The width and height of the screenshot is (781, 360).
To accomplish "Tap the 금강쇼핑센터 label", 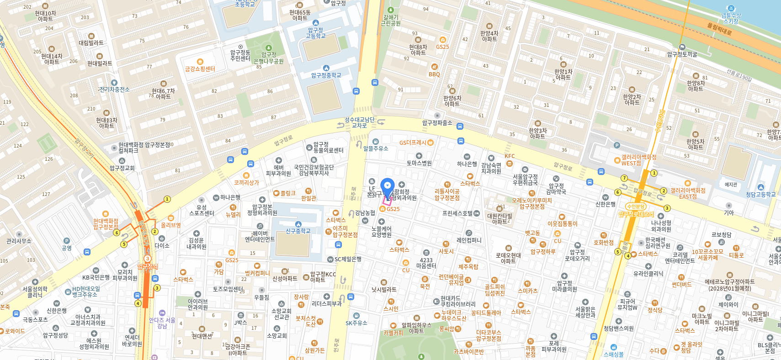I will pos(200,69).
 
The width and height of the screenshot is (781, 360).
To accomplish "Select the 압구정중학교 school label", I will pos(326,75).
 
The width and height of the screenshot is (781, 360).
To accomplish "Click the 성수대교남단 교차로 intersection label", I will pos(359,122).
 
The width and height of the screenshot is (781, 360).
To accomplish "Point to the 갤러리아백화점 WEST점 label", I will pos(638,160).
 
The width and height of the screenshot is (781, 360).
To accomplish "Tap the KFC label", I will pos(510,156).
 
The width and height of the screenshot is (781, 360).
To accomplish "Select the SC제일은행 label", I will pos(347,259).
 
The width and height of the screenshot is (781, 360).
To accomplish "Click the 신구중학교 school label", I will pos(298,231).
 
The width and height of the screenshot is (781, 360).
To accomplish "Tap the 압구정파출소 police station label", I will pos(437,122).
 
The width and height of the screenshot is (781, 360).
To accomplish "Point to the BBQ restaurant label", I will pos(434,74).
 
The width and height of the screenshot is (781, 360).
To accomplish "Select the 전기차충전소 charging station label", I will pos(114,89).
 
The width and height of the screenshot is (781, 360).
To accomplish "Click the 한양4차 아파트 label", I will pos(489,36).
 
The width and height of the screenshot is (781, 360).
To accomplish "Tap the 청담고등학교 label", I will pos(760,194).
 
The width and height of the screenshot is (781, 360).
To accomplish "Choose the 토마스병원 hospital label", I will pos(419,163).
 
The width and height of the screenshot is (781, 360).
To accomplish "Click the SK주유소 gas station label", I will pos(356,323).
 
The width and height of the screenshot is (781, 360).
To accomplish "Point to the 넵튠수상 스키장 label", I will pos(731,18).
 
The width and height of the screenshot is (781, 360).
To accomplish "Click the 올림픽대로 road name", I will pos(719,29).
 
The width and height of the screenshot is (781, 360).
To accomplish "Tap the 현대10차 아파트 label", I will pos(45,16).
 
